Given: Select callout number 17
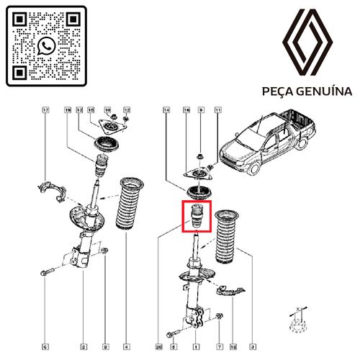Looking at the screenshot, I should tap(45, 111).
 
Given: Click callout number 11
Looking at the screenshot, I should tap(217, 111).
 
